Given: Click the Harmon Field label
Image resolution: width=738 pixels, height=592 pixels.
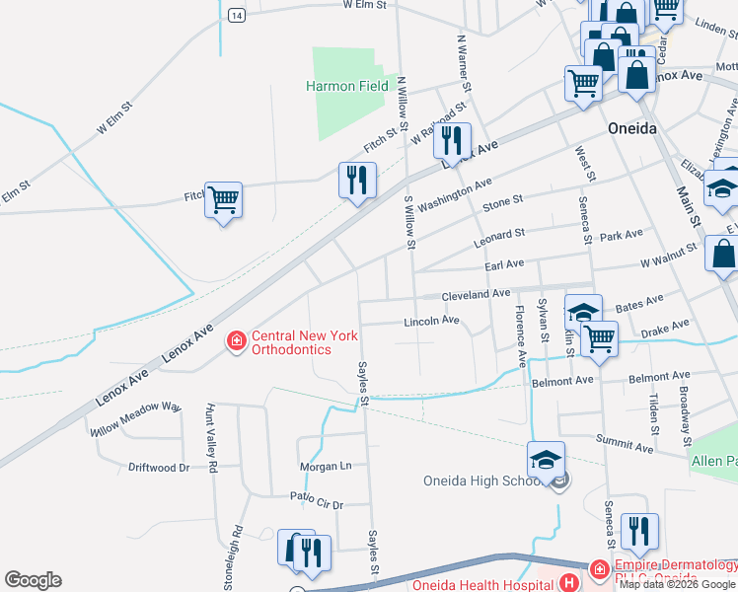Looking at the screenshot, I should pos(346,86).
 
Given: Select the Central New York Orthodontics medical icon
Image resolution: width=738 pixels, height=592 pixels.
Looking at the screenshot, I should pos(236,342).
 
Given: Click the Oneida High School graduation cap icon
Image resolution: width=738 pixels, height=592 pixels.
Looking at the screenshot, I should pos(546,460).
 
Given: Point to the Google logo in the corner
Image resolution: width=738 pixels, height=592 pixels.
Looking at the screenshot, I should pos(33,580).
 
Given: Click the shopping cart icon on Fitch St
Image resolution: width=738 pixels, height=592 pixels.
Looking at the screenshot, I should pos(223,199).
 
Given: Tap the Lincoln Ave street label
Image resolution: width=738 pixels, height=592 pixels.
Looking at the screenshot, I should pos(431,321).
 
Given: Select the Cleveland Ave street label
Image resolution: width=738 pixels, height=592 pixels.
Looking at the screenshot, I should pos(476,293).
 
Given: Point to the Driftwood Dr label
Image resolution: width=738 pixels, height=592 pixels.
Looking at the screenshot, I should pos(158,467).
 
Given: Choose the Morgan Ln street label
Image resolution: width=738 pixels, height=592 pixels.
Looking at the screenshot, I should pos(327,466).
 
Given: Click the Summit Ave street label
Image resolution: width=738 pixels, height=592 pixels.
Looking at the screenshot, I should pos(624,446).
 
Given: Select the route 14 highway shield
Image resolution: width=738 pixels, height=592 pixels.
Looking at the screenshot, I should pos(235,15).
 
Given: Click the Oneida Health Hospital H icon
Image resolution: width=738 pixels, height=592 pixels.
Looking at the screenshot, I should pos(569,583).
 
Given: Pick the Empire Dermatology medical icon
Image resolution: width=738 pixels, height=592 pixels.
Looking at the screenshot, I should pos(598,568).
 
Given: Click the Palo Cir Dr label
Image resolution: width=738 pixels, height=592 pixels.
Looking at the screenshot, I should pos(316,500).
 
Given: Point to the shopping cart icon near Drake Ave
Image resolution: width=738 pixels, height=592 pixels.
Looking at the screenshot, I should pos(599,338).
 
